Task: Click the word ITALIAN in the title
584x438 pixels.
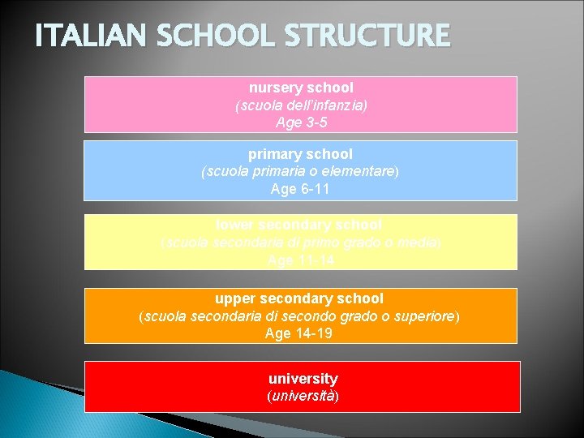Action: pos(78,36)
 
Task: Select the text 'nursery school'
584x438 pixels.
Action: pos(301,87)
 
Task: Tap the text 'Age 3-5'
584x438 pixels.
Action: pos(301,123)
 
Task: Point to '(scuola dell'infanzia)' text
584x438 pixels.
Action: pos(301,105)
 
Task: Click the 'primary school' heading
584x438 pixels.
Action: pos(301,153)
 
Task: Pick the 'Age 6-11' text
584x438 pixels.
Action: pos(301,190)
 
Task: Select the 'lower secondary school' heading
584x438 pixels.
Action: pos(299,224)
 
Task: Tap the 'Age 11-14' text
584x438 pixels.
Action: pos(300,260)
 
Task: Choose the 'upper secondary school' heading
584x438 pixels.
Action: pos(299,298)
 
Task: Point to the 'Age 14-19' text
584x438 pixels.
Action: pos(299,333)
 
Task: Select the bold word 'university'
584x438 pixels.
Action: pos(303,379)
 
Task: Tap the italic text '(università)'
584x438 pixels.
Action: pos(303,397)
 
